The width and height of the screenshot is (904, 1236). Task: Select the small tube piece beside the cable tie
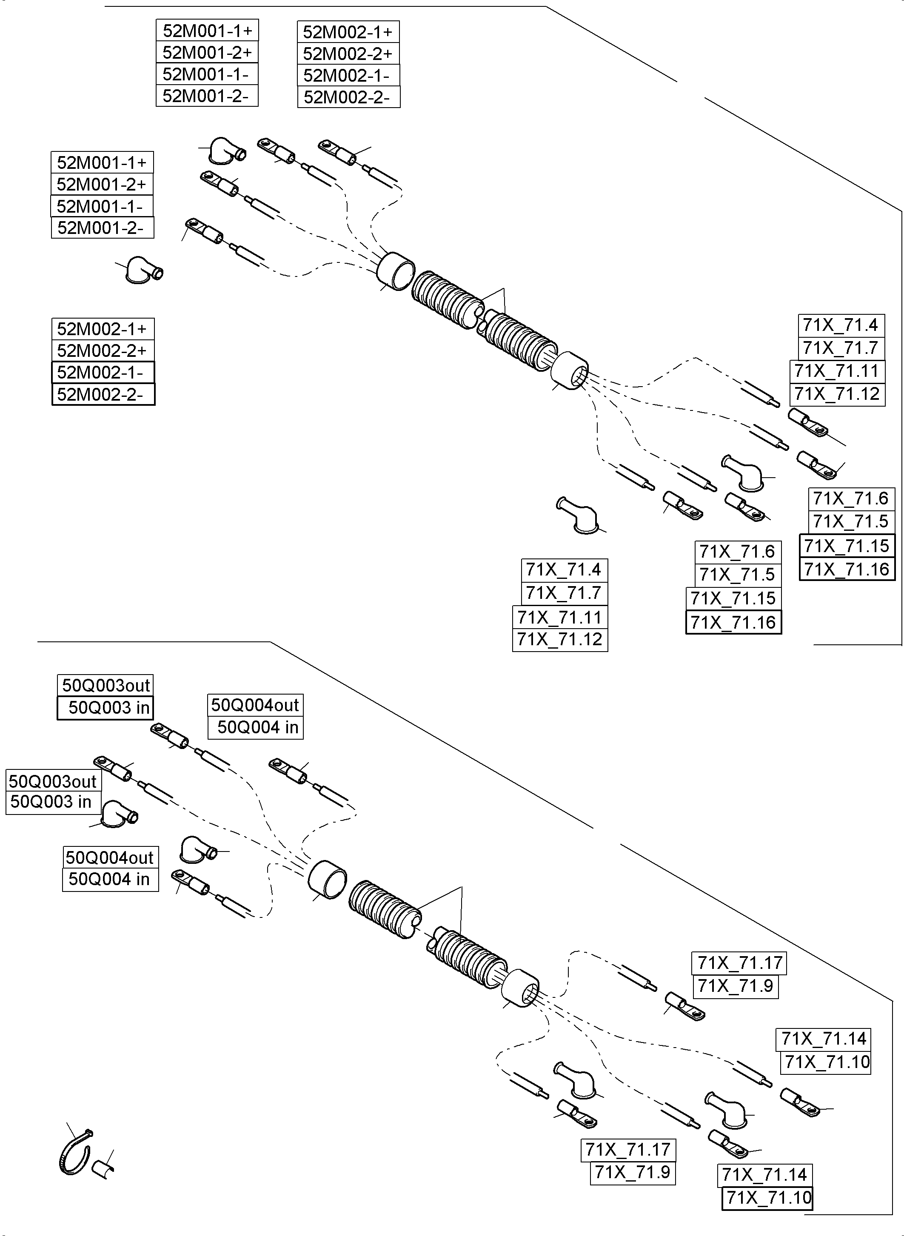pyautogui.click(x=101, y=1168)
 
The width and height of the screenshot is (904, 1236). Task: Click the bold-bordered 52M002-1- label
pyautogui.click(x=103, y=373)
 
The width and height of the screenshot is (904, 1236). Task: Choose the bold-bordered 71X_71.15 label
pyautogui.click(x=847, y=546)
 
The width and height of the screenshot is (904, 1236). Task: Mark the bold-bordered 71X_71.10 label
pyautogui.click(x=767, y=1198)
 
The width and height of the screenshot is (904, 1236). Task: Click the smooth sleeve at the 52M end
pyautogui.click(x=396, y=271)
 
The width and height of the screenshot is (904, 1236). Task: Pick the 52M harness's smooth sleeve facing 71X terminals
pyautogui.click(x=569, y=370)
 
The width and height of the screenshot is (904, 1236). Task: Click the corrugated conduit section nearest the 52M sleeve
pyautogui.click(x=446, y=300)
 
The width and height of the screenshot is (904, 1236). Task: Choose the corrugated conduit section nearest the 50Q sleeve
pyautogui.click(x=384, y=909)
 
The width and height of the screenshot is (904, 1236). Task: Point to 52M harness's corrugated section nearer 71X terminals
pyautogui.click(x=520, y=339)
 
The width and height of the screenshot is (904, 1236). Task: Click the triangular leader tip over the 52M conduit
pyautogui.click(x=503, y=290)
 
